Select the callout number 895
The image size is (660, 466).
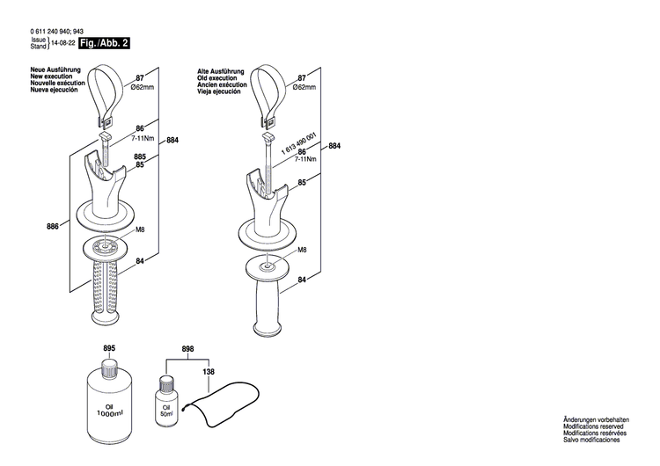coord(109,349)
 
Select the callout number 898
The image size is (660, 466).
coord(187,349)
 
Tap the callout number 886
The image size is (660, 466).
coord(52,226)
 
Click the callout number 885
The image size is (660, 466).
coord(140,157)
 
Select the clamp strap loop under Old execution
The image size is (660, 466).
coord(268,92)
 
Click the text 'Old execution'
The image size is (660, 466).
coord(219,77)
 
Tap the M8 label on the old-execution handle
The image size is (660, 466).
coord(302,251)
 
